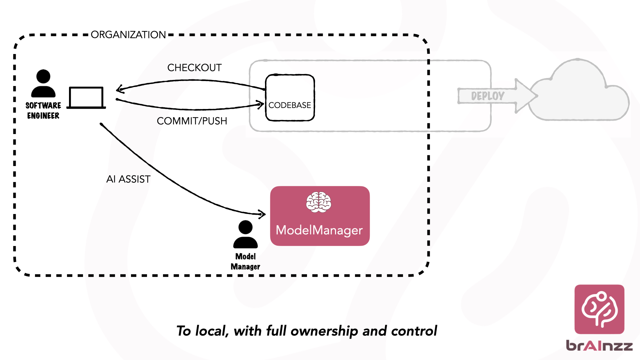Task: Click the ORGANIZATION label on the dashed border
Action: pos(128,35)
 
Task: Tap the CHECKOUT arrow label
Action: pos(194,68)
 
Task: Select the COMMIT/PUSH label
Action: pos(192,121)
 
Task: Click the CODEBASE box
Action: pos(290,98)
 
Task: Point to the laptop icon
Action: pos(86,98)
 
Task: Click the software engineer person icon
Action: pos(43,83)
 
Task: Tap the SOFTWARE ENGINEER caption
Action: pos(43,111)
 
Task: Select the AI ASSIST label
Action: pos(128,179)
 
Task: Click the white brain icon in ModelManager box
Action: pos(319,202)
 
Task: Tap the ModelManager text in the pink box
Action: pos(319,230)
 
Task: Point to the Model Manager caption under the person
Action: pos(245,262)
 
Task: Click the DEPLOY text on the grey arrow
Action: pos(487,96)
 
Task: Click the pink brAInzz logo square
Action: pos(599,309)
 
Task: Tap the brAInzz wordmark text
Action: pos(599,346)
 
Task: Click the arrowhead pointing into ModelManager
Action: pos(263,214)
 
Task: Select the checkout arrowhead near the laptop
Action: pos(119,89)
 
